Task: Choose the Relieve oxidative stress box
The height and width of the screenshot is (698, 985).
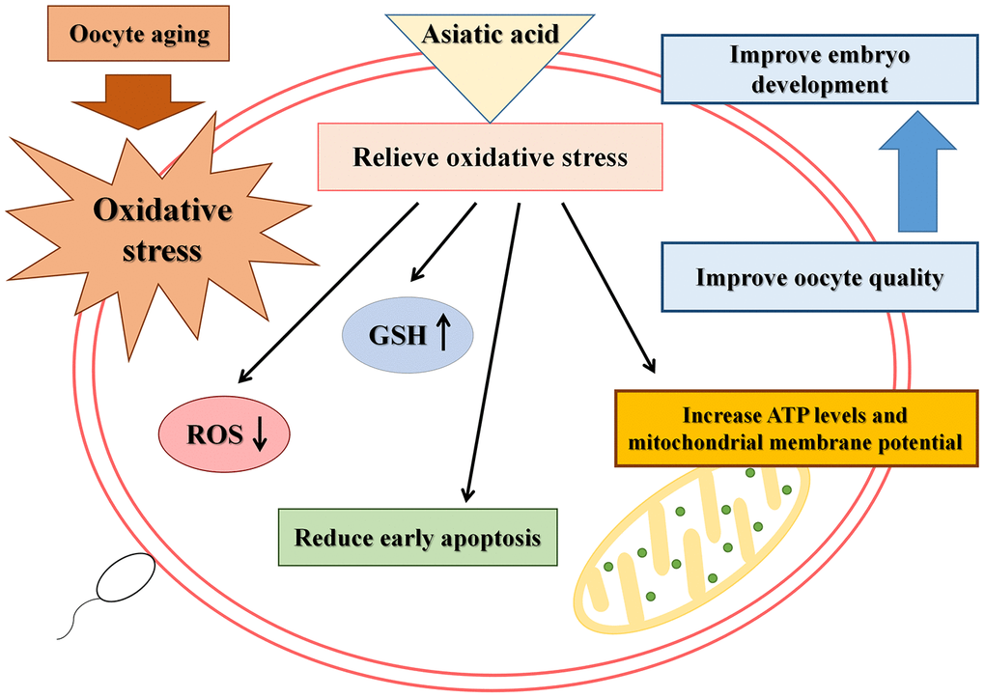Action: click(x=490, y=156)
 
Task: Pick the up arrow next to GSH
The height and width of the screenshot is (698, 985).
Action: click(x=443, y=334)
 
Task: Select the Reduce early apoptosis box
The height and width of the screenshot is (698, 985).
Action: click(x=417, y=537)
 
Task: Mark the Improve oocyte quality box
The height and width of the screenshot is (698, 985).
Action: click(x=819, y=278)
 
